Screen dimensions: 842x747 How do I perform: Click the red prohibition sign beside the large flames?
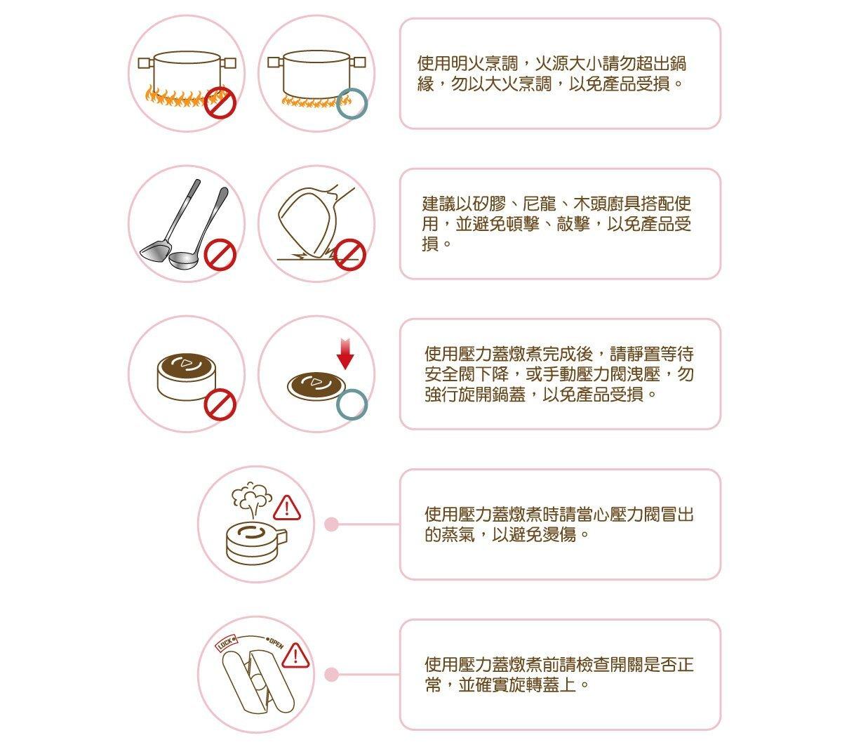tap(220, 103)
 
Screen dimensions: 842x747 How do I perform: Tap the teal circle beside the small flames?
tap(352, 103)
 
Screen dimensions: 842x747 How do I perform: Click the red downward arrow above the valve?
tap(345, 354)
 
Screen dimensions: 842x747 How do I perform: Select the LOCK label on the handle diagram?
tap(227, 643)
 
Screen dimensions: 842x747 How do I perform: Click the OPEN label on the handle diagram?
tap(275, 643)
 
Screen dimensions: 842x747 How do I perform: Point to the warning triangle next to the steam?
tap(287, 508)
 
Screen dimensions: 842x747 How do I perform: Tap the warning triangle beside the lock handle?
tap(295, 656)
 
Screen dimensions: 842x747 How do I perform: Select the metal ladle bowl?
tap(183, 260)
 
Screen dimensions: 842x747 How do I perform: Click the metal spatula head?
tap(155, 252)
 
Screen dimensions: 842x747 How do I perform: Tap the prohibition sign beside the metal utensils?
tap(220, 254)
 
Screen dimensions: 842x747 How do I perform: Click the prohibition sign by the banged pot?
tap(349, 254)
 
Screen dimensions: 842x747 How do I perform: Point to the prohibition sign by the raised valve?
tap(220, 404)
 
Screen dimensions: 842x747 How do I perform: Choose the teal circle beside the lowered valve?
tap(352, 404)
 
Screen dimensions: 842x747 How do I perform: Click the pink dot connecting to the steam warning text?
tap(331, 524)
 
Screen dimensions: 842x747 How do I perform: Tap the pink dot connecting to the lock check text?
tap(331, 675)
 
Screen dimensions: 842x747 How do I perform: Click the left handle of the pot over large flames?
tap(146, 62)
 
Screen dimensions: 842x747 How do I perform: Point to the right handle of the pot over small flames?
tap(358, 62)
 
